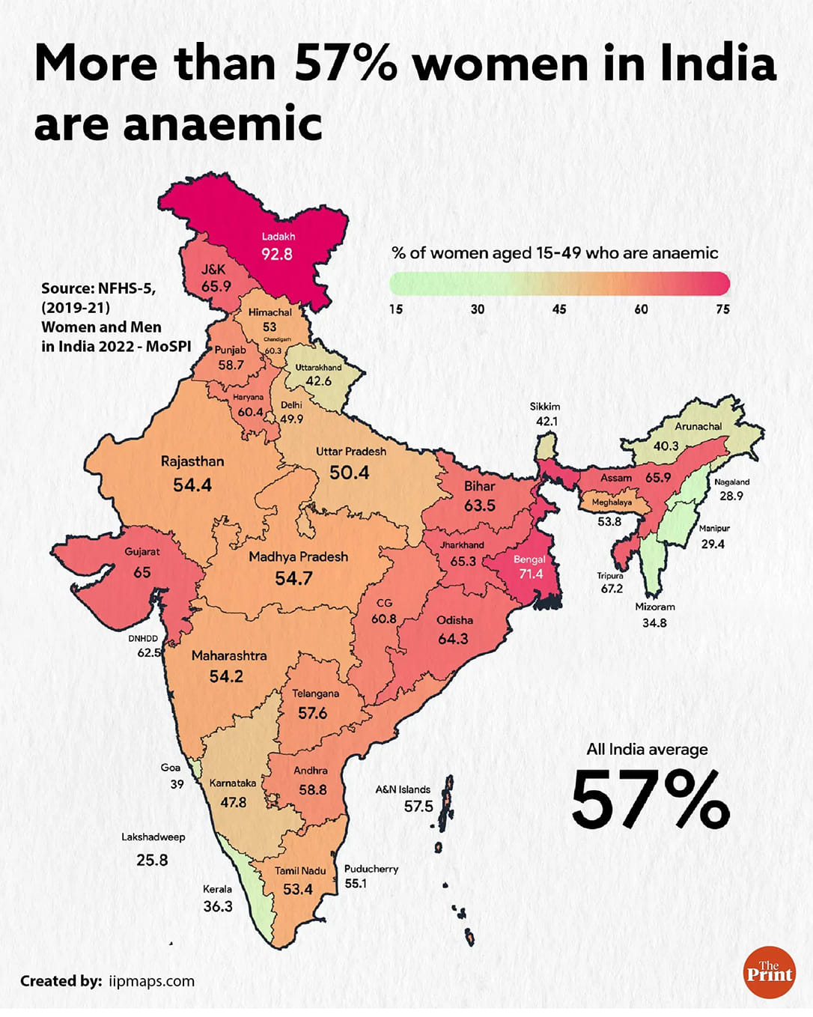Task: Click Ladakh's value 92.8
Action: [x=276, y=255]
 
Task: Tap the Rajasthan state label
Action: [x=192, y=461]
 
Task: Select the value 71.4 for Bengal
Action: [x=531, y=574]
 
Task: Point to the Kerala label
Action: [x=217, y=889]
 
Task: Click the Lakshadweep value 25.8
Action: [x=152, y=860]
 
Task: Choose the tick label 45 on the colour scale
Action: [x=559, y=309]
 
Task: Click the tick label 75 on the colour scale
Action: [x=722, y=309]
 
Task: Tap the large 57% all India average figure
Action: [x=650, y=800]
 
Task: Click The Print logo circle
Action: [x=769, y=973]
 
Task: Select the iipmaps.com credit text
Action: [x=151, y=981]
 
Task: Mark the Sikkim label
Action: [x=545, y=407]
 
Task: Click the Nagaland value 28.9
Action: [x=731, y=496]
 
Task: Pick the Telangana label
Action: [x=315, y=693]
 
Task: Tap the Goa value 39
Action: [x=177, y=784]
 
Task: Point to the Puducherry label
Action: [x=371, y=869]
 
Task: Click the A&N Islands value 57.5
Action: [x=418, y=807]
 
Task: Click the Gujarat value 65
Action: [x=141, y=572]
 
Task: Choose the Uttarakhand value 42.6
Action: [x=318, y=381]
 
